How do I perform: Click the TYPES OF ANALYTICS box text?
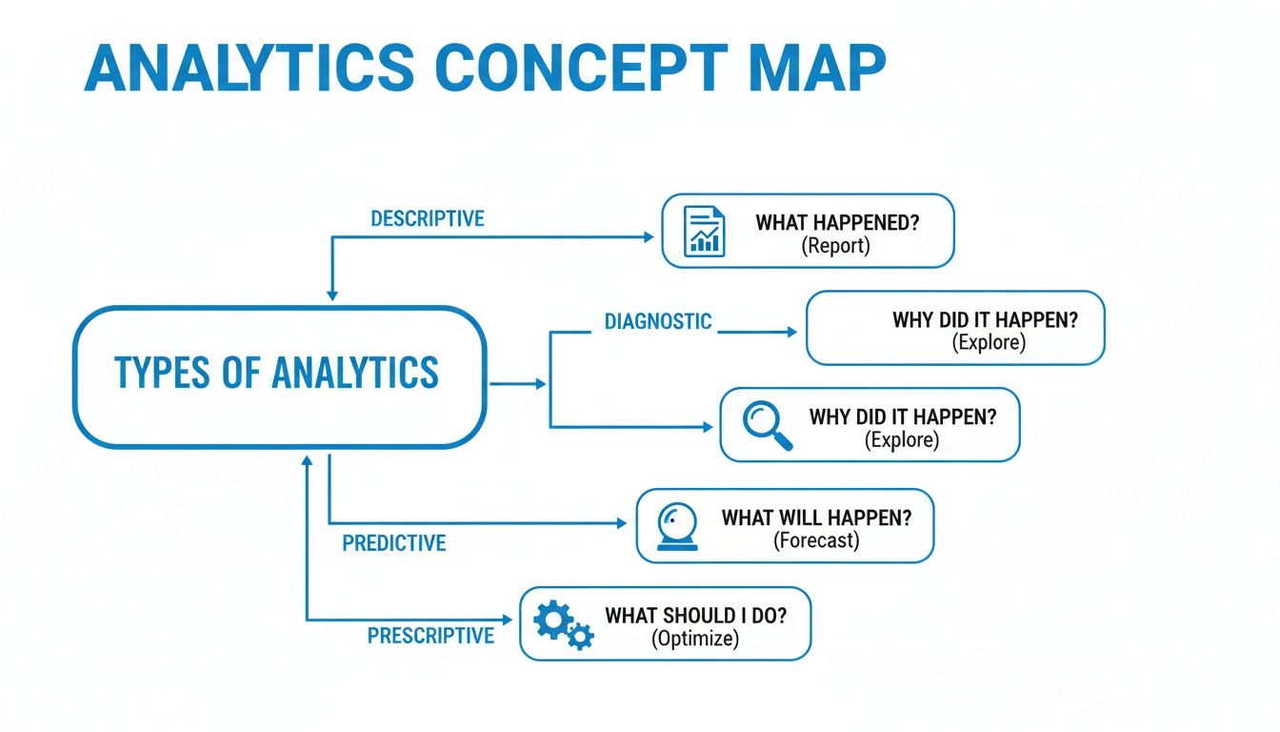coord(276,373)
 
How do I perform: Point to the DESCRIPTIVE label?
coord(428,218)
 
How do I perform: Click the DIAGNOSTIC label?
coord(658,321)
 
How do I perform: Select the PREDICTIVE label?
coord(394,543)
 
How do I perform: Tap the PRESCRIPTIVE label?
coord(430,635)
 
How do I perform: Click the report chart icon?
coord(705,232)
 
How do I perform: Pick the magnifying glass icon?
coord(767,425)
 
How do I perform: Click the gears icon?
coord(563,625)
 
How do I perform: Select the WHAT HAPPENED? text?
coord(838,223)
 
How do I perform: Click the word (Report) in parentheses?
coord(836,246)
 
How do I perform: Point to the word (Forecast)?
coord(816,540)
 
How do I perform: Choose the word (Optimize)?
coord(695,639)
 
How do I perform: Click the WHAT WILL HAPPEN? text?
coord(816,518)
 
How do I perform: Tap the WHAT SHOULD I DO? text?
coord(695,615)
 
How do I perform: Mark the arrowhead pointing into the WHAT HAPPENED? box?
coord(651,236)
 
